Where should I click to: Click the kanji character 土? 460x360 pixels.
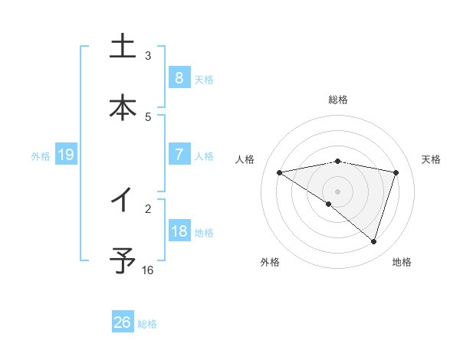click(x=122, y=47)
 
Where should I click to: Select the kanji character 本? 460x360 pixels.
click(x=122, y=106)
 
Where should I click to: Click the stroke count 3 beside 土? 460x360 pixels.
click(x=148, y=55)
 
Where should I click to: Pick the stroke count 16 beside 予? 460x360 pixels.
click(x=148, y=270)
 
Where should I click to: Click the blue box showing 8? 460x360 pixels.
click(x=179, y=77)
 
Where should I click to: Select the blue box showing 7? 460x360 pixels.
click(x=179, y=155)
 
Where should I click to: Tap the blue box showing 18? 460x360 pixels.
click(x=179, y=231)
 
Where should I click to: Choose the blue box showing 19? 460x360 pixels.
click(x=66, y=155)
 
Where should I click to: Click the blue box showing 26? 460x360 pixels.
click(x=122, y=322)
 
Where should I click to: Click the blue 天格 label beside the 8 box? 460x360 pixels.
click(x=204, y=79)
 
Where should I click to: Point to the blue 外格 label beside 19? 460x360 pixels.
click(x=41, y=155)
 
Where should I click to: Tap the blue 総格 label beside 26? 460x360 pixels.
click(x=147, y=324)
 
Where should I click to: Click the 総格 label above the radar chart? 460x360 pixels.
click(x=338, y=100)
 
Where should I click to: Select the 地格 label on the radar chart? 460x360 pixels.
click(x=402, y=262)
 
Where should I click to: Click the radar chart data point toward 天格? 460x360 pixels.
click(x=396, y=172)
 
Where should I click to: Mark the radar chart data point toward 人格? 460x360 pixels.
click(x=280, y=172)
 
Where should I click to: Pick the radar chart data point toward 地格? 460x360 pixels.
click(x=374, y=241)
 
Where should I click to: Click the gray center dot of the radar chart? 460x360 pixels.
click(x=338, y=191)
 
